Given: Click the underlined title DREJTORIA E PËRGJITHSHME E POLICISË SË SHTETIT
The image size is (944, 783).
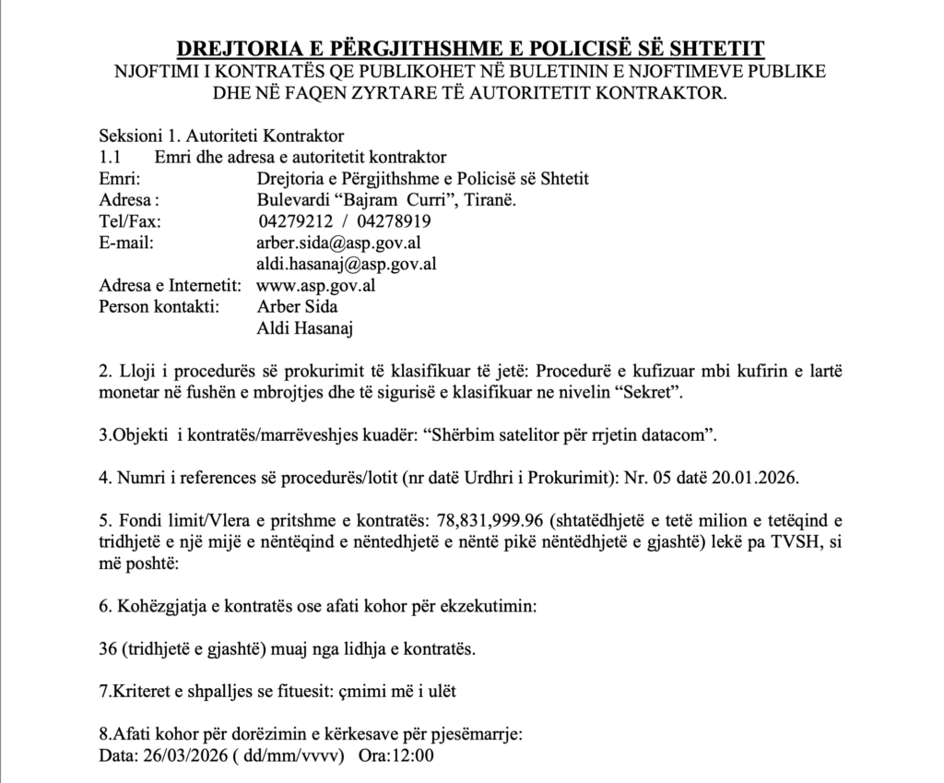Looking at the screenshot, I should click(x=470, y=49).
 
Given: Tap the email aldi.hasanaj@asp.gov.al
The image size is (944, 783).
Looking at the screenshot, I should click(x=346, y=264).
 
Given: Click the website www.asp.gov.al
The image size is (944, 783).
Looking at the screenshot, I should click(x=315, y=285).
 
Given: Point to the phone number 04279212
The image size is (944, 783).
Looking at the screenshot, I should click(x=293, y=221).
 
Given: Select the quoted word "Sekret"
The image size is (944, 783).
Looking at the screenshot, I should click(x=651, y=392).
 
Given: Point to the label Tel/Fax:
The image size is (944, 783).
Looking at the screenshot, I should click(x=129, y=221).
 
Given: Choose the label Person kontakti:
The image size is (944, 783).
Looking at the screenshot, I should click(x=159, y=306).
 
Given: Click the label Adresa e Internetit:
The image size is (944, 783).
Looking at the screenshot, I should click(x=171, y=285).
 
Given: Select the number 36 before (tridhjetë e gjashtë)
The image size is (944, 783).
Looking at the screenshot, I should click(x=107, y=648).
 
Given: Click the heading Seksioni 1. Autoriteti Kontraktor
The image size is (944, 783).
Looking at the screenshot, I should click(x=221, y=136).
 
